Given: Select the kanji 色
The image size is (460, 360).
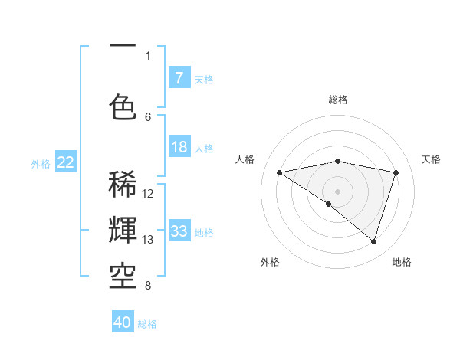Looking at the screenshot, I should tap(123, 106).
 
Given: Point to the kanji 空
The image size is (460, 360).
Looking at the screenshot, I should tap(123, 274).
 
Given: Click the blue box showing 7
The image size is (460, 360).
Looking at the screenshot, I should tap(179, 77).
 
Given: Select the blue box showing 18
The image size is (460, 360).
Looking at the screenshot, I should tap(179, 147).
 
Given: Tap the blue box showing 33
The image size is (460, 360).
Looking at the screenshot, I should tap(179, 231).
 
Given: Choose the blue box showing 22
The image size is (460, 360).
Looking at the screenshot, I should tap(66, 162).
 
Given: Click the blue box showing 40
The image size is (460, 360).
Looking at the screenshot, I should tap(123, 322).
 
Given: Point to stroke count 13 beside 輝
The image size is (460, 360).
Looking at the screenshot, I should tap(148, 240).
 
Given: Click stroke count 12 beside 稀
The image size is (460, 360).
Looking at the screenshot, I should tap(148, 194).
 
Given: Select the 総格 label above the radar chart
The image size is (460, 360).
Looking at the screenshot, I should tap(338, 100).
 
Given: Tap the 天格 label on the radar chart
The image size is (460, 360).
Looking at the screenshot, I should tap(431, 159).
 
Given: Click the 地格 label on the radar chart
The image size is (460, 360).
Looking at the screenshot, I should tap(402, 263).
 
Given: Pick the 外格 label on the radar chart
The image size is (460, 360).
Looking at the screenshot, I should tap(270, 263).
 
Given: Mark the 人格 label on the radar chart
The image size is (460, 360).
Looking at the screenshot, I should tap(245, 159).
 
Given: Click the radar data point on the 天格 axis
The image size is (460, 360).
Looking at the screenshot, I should tap(396, 172).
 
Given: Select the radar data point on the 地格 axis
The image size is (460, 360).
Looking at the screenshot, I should tap(374, 241).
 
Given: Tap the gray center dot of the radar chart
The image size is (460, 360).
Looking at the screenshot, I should tap(338, 190).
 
